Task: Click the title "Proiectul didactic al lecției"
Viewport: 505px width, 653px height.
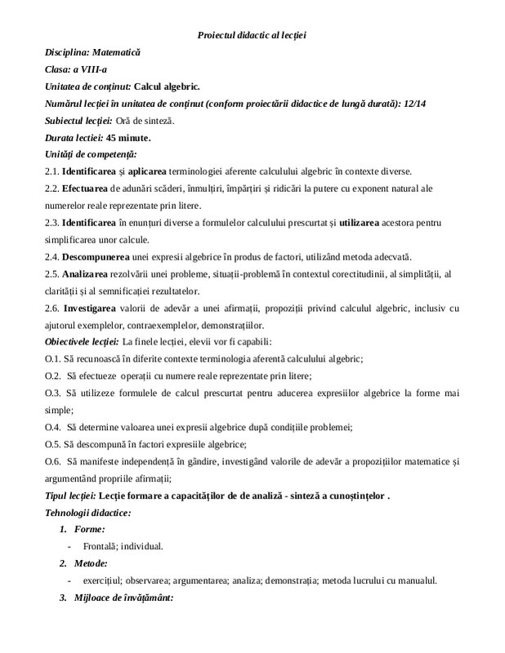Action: pos(252,34)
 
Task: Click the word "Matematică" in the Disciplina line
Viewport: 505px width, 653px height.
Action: pos(117,52)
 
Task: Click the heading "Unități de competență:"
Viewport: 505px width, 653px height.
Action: pos(90,154)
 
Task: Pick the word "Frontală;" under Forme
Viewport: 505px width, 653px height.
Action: pos(102,546)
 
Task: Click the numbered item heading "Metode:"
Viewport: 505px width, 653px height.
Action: pos(86,563)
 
